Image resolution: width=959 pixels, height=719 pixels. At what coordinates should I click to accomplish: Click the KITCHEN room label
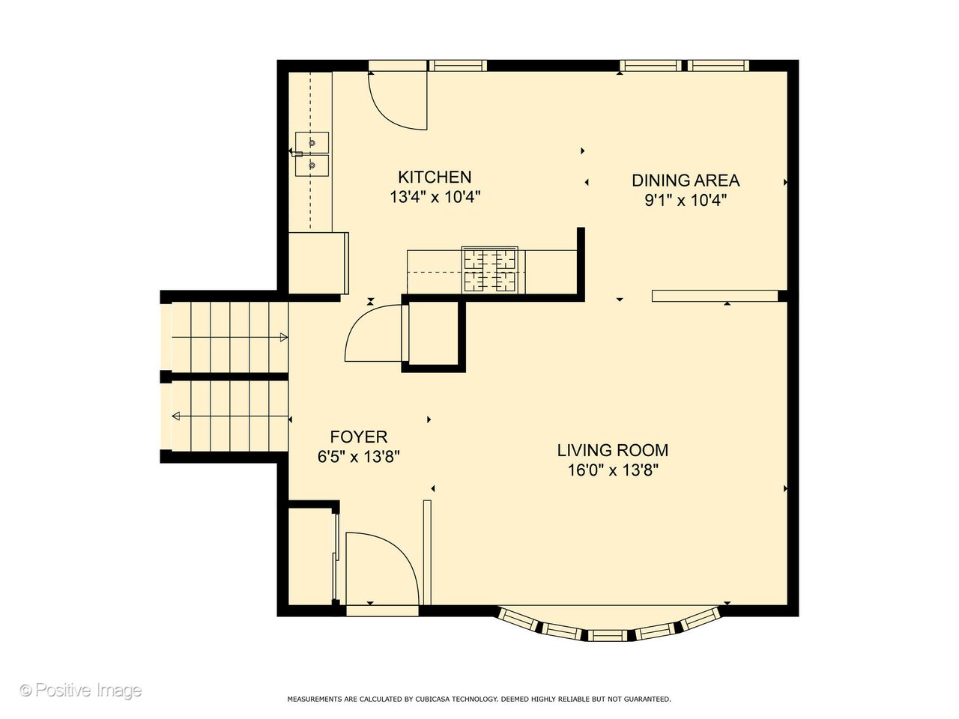435,178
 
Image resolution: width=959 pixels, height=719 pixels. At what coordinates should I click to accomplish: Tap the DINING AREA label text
686,180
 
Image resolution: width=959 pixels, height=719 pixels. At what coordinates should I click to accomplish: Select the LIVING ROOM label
612,450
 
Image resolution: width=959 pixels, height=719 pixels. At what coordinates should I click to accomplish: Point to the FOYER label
359,437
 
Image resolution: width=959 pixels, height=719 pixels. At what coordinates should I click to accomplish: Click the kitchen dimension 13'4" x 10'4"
435,198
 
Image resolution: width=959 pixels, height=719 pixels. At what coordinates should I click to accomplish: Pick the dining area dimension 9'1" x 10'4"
686,201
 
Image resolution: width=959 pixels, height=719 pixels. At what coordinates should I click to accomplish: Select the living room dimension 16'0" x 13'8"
612,470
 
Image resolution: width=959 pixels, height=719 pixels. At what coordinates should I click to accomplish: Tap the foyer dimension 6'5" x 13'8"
359,457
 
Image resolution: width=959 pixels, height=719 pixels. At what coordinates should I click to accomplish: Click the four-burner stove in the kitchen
491,270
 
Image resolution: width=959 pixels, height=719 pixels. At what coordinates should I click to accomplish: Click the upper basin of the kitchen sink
312,142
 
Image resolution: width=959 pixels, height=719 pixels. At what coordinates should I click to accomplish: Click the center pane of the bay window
608,635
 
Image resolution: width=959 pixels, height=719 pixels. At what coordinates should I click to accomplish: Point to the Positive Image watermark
80,690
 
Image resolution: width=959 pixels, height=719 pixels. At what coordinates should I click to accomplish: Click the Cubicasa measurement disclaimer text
479,699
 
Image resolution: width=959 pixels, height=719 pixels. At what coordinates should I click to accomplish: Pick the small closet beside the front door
310,556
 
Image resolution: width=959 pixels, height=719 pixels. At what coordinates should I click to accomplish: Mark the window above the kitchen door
457,66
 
